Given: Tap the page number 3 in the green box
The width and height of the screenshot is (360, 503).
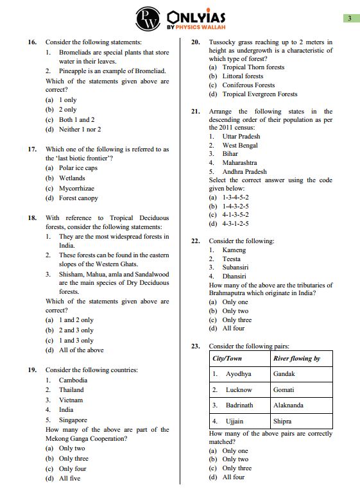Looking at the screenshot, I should (x=349, y=19).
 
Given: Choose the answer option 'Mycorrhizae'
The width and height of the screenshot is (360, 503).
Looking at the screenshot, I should (x=76, y=189).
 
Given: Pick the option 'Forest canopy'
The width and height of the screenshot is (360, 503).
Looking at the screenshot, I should (x=78, y=198).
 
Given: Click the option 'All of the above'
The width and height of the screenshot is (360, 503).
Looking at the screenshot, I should (x=81, y=350).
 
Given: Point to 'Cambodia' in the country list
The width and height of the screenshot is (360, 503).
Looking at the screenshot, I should (x=73, y=380).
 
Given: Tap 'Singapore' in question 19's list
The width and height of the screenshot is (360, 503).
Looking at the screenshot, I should (x=73, y=420).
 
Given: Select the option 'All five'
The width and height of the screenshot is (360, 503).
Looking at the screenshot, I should (x=69, y=479).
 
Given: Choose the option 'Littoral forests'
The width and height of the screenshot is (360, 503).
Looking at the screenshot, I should (x=243, y=76).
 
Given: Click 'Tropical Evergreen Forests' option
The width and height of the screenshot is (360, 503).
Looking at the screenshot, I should (x=260, y=94).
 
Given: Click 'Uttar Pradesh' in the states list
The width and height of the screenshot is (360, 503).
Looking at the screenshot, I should (x=241, y=136).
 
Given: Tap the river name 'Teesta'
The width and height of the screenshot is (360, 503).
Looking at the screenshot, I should (x=231, y=259).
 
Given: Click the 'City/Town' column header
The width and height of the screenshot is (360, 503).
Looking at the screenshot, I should (x=227, y=359).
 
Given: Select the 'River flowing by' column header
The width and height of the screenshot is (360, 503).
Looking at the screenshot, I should (x=296, y=359).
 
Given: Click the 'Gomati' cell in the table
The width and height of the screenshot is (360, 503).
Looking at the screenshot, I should (x=284, y=389).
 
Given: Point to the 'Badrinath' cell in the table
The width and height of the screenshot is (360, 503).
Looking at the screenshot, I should (x=239, y=405).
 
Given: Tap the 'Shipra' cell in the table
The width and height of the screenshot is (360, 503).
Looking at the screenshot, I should (x=282, y=422).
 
